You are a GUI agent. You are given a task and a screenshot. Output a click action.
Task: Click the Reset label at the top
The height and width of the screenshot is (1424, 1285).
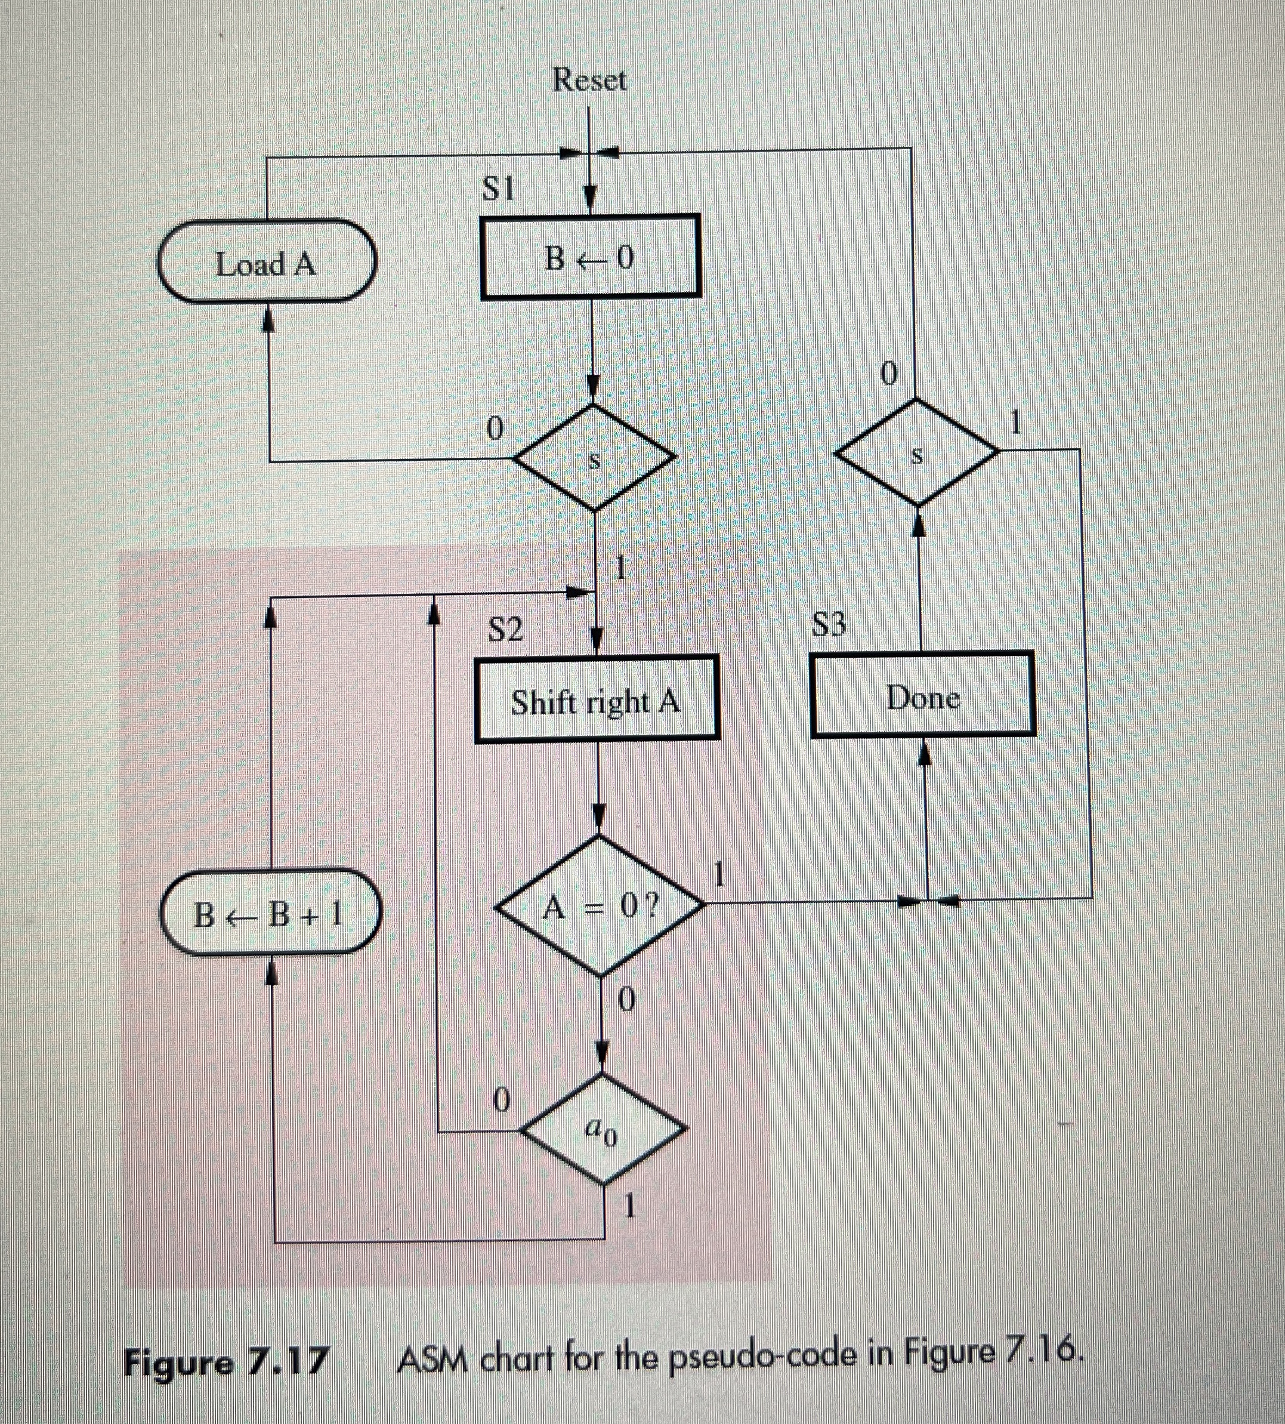click(589, 79)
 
